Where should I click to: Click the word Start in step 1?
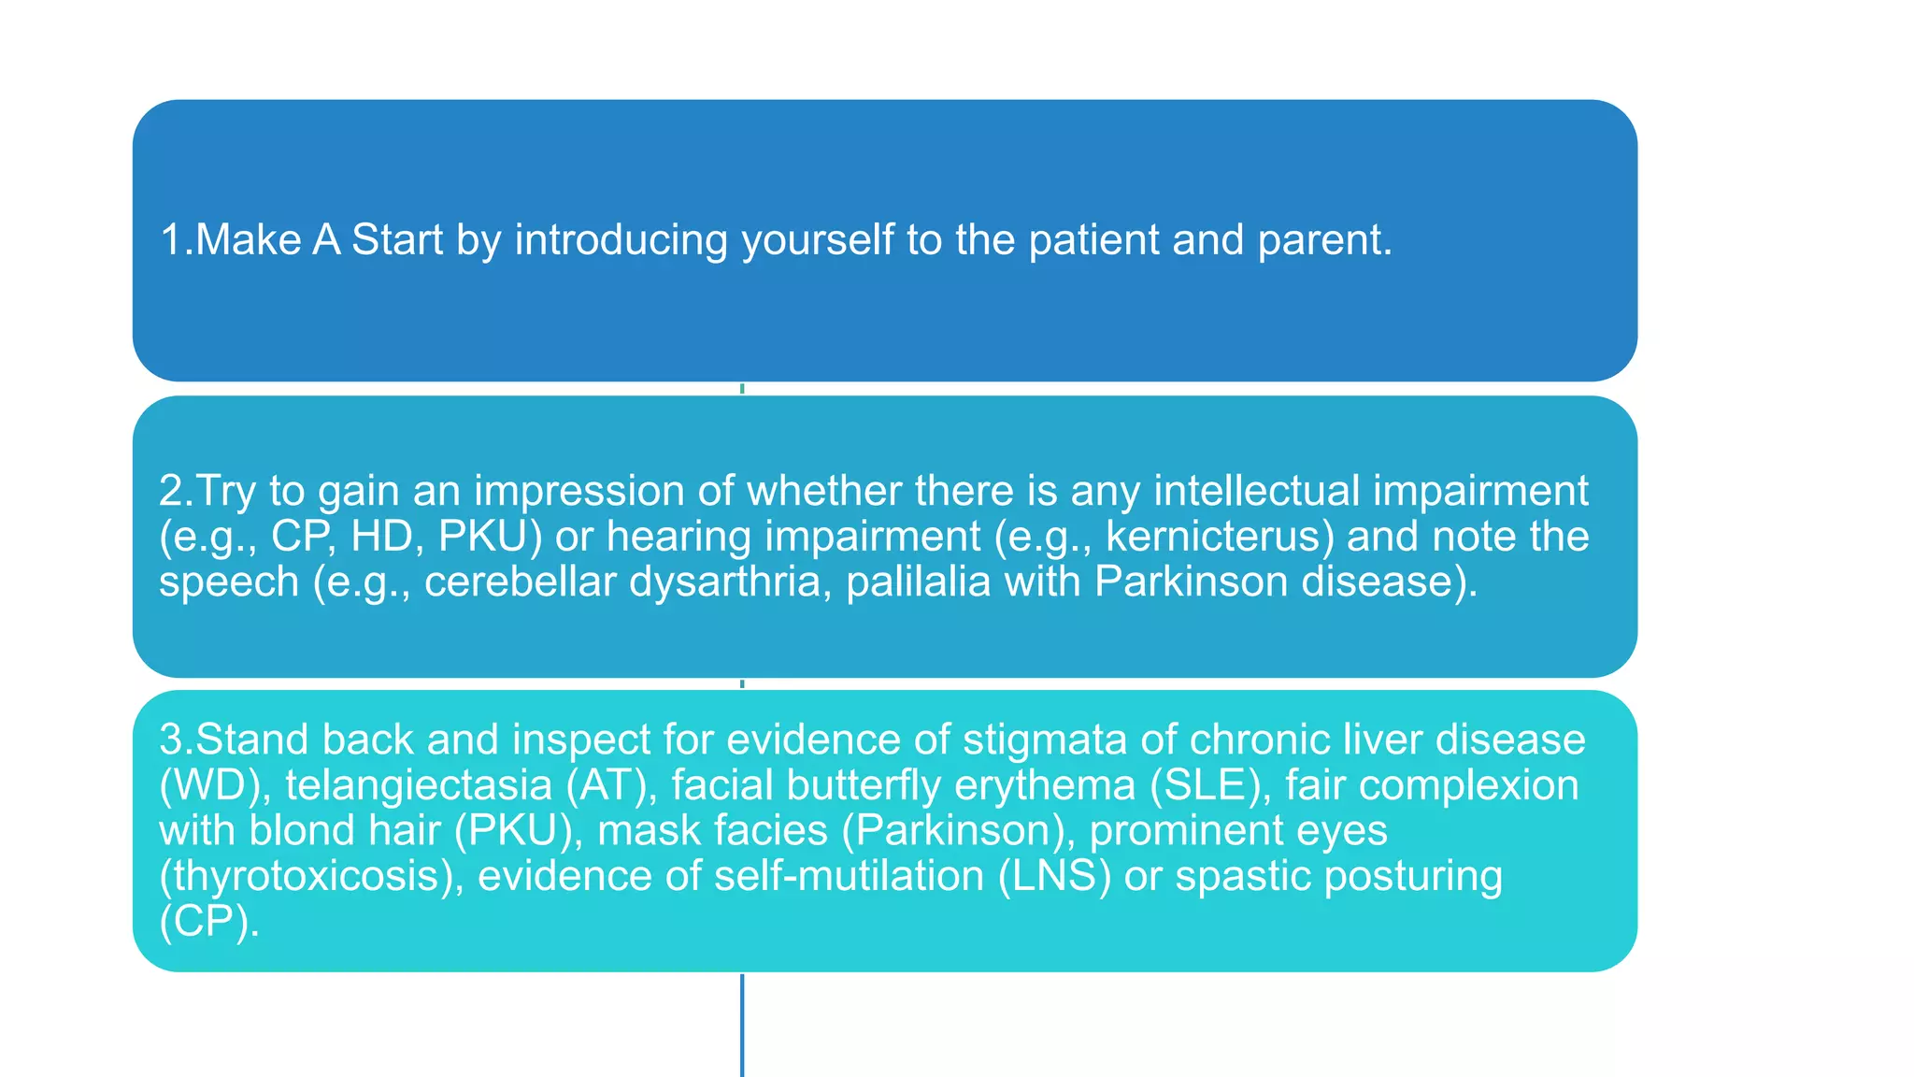pyautogui.click(x=396, y=240)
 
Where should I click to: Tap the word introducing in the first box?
pyautogui.click(x=621, y=240)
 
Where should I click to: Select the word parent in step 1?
pyautogui.click(x=1322, y=240)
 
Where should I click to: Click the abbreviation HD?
pyautogui.click(x=382, y=537)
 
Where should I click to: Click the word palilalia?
pyautogui.click(x=918, y=582)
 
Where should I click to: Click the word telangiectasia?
pyautogui.click(x=418, y=785)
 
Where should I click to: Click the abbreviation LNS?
pyautogui.click(x=1054, y=876)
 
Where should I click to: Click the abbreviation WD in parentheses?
pyautogui.click(x=214, y=785)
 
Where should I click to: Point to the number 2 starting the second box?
pyautogui.click(x=171, y=491)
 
